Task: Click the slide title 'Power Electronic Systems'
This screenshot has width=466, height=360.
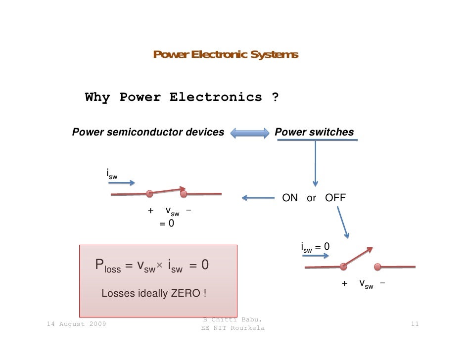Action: [x=226, y=54]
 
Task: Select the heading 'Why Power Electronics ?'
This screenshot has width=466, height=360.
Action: [x=182, y=97]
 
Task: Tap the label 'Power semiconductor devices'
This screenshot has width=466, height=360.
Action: [x=148, y=132]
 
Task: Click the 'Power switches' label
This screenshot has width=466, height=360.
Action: [x=314, y=132]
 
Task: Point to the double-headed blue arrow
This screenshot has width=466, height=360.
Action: [x=249, y=133]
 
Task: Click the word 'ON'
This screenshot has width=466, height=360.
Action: [x=290, y=198]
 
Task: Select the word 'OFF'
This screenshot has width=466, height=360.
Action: [x=335, y=198]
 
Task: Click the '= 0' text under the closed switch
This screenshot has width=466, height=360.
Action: [x=166, y=224]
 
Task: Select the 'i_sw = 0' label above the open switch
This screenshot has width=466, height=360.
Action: [x=315, y=247]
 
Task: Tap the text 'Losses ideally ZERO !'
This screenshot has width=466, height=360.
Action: [x=154, y=293]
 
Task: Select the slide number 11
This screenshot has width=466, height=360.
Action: [x=415, y=324]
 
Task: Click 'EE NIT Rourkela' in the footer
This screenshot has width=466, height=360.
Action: [x=232, y=328]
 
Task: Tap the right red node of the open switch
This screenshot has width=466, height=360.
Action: [x=378, y=267]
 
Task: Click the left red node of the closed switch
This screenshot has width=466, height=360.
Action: [x=149, y=193]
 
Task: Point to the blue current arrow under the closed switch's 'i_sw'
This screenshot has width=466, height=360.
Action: [x=121, y=183]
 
